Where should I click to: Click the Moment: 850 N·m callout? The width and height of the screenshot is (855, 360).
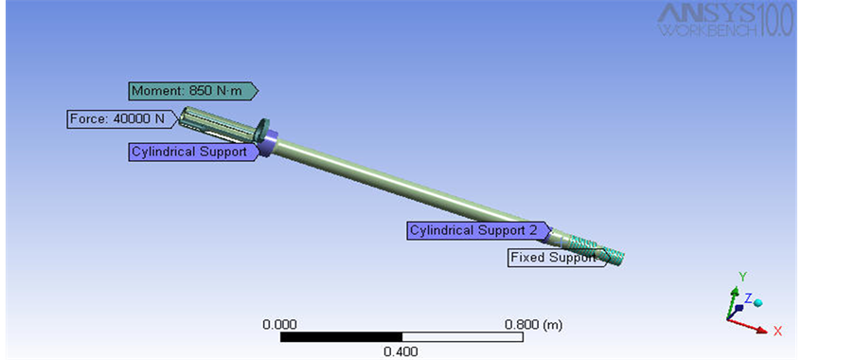(x=192, y=91)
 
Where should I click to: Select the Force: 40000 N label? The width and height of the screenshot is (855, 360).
(x=122, y=119)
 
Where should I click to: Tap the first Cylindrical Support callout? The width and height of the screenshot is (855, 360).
(x=193, y=152)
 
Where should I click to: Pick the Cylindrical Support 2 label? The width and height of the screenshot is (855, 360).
(x=476, y=230)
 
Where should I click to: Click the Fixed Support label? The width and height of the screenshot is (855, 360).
(x=555, y=258)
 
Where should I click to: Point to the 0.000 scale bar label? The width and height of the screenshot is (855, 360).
(x=279, y=326)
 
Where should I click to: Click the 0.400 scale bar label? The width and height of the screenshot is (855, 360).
(x=401, y=351)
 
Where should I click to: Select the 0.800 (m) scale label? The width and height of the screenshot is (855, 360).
(x=533, y=326)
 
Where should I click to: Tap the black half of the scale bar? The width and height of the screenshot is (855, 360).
(x=342, y=337)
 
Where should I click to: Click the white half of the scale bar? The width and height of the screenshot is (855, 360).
(x=462, y=337)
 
